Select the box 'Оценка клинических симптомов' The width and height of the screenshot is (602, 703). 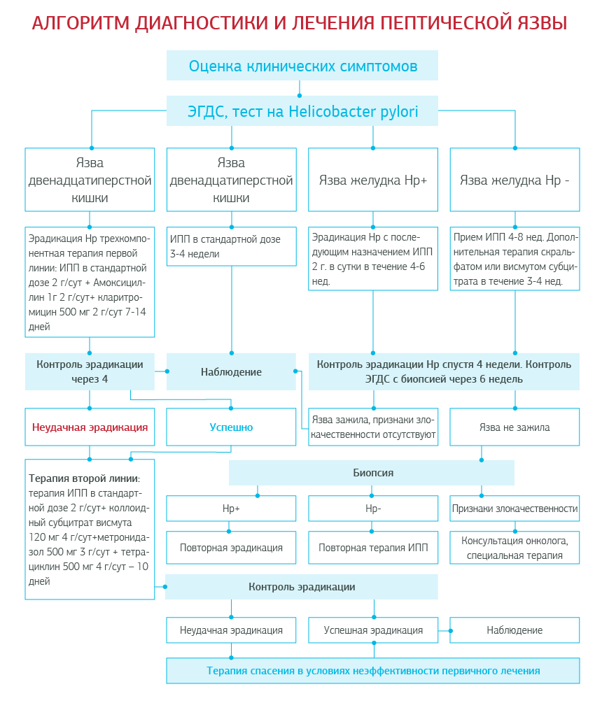(x=302, y=66)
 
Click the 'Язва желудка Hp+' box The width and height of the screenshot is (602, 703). (x=373, y=180)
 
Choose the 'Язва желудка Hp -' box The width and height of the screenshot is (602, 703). (x=514, y=180)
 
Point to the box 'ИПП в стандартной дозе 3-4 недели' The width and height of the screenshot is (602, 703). (x=231, y=246)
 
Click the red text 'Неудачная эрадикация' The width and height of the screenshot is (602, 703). (x=90, y=427)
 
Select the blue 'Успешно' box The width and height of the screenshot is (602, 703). (x=231, y=427)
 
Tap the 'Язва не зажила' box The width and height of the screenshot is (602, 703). (x=514, y=427)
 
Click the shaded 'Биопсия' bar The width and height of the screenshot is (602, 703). (x=372, y=473)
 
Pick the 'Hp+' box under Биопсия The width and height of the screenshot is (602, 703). (x=231, y=509)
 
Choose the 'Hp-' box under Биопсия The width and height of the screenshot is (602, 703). (x=373, y=509)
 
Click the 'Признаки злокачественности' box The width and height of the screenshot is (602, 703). (x=514, y=509)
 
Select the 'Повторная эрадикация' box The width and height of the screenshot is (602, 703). (x=231, y=548)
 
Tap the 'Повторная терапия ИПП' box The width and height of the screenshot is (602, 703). (x=373, y=548)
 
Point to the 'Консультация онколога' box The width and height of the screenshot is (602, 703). (x=514, y=548)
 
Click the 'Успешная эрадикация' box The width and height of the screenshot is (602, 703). (x=373, y=630)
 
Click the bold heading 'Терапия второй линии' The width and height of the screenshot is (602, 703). (x=84, y=478)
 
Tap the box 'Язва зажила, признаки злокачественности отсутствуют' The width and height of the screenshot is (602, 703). (x=373, y=427)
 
